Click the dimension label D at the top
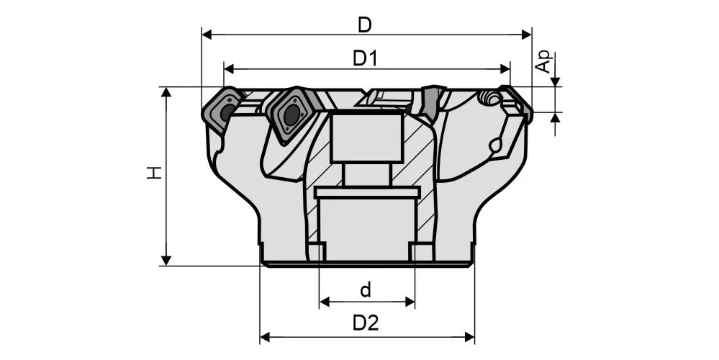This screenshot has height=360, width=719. pyautogui.click(x=365, y=25)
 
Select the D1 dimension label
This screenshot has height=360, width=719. pyautogui.click(x=365, y=59)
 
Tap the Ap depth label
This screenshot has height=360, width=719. pyautogui.click(x=544, y=62)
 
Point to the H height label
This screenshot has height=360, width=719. pyautogui.click(x=155, y=172)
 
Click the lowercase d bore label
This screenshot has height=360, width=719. pyautogui.click(x=366, y=290)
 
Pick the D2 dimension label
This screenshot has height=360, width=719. pyautogui.click(x=366, y=323)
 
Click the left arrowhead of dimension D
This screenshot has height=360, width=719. pyautogui.click(x=207, y=35)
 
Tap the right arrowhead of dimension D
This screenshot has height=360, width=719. pyautogui.click(x=526, y=35)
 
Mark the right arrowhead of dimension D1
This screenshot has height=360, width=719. pyautogui.click(x=505, y=69)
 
